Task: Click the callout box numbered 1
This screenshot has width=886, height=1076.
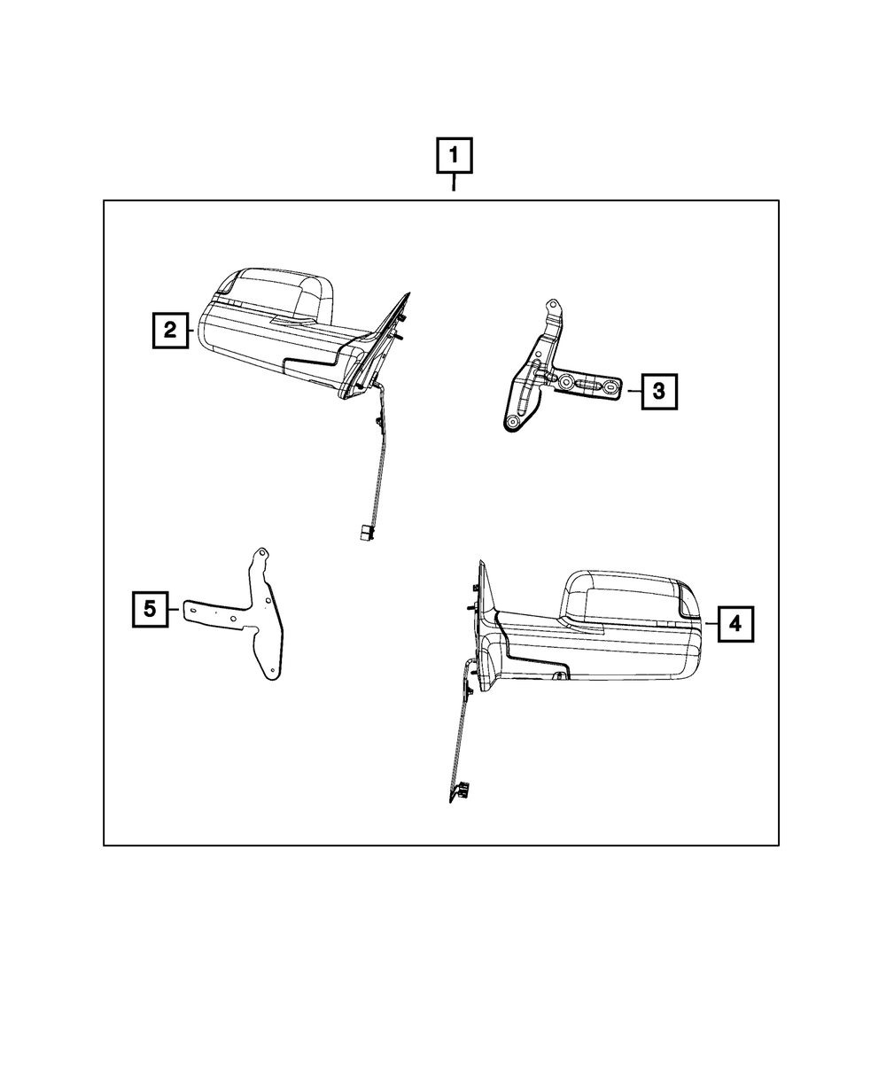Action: (454, 158)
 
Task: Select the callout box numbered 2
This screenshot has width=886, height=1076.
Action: (169, 331)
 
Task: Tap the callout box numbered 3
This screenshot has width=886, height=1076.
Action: (659, 390)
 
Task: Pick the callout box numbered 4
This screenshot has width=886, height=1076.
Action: (735, 624)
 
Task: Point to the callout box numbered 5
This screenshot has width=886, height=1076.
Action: (150, 609)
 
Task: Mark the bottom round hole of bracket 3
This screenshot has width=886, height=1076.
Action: (512, 424)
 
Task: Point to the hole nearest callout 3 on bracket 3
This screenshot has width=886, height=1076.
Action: (610, 387)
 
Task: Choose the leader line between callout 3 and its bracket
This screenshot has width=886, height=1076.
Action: (633, 390)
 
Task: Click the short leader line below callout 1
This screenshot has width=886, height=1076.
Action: (454, 184)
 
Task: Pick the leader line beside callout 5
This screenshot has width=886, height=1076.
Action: (175, 609)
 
